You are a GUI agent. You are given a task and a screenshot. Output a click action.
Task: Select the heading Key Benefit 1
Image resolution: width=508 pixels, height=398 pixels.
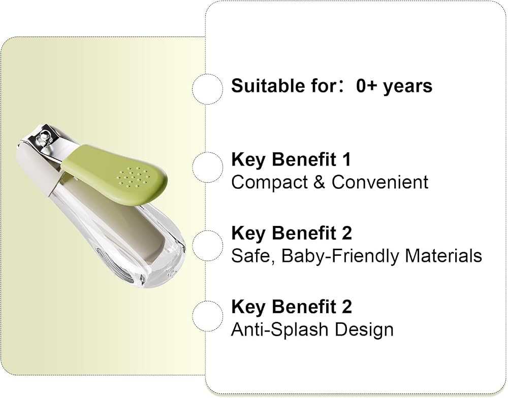click(291, 159)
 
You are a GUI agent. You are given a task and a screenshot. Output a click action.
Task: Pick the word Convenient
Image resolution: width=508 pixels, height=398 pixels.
click(379, 182)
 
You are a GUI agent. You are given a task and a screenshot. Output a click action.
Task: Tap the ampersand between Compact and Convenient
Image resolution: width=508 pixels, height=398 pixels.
click(320, 182)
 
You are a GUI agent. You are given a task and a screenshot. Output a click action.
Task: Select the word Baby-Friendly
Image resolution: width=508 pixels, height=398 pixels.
click(340, 256)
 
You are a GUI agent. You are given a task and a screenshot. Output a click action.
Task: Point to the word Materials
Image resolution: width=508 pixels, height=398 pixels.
click(443, 256)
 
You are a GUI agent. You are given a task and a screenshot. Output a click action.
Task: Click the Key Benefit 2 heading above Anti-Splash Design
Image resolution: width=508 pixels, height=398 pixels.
click(291, 307)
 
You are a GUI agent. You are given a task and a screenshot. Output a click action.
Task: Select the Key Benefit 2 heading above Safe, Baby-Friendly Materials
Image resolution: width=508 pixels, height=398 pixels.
click(291, 233)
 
